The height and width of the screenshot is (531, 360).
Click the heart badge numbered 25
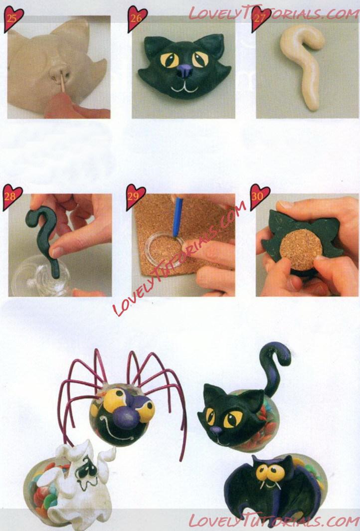click(13, 18)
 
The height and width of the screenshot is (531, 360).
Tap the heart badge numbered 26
click(137, 18)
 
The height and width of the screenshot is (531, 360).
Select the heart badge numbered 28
click(12, 197)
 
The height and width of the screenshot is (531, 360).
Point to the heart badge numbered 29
click(136, 197)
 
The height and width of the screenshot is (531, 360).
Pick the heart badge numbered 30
click(259, 197)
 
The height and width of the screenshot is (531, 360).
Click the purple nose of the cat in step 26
click(184, 71)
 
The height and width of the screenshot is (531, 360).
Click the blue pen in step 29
click(177, 217)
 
